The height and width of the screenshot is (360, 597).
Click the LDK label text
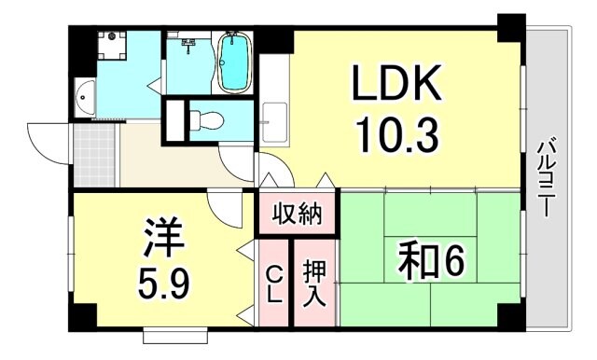coord(396,87)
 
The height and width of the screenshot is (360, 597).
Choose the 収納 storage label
coord(298,215)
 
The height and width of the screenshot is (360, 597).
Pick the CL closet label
coord(274,282)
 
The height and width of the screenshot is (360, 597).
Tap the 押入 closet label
coord(314,282)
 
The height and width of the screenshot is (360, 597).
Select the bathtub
coord(234,62)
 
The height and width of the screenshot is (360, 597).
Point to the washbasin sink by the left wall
coord(84,99)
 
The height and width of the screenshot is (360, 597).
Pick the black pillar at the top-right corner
coord(510,27)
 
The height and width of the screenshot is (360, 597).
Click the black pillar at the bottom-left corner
coord(82,317)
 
